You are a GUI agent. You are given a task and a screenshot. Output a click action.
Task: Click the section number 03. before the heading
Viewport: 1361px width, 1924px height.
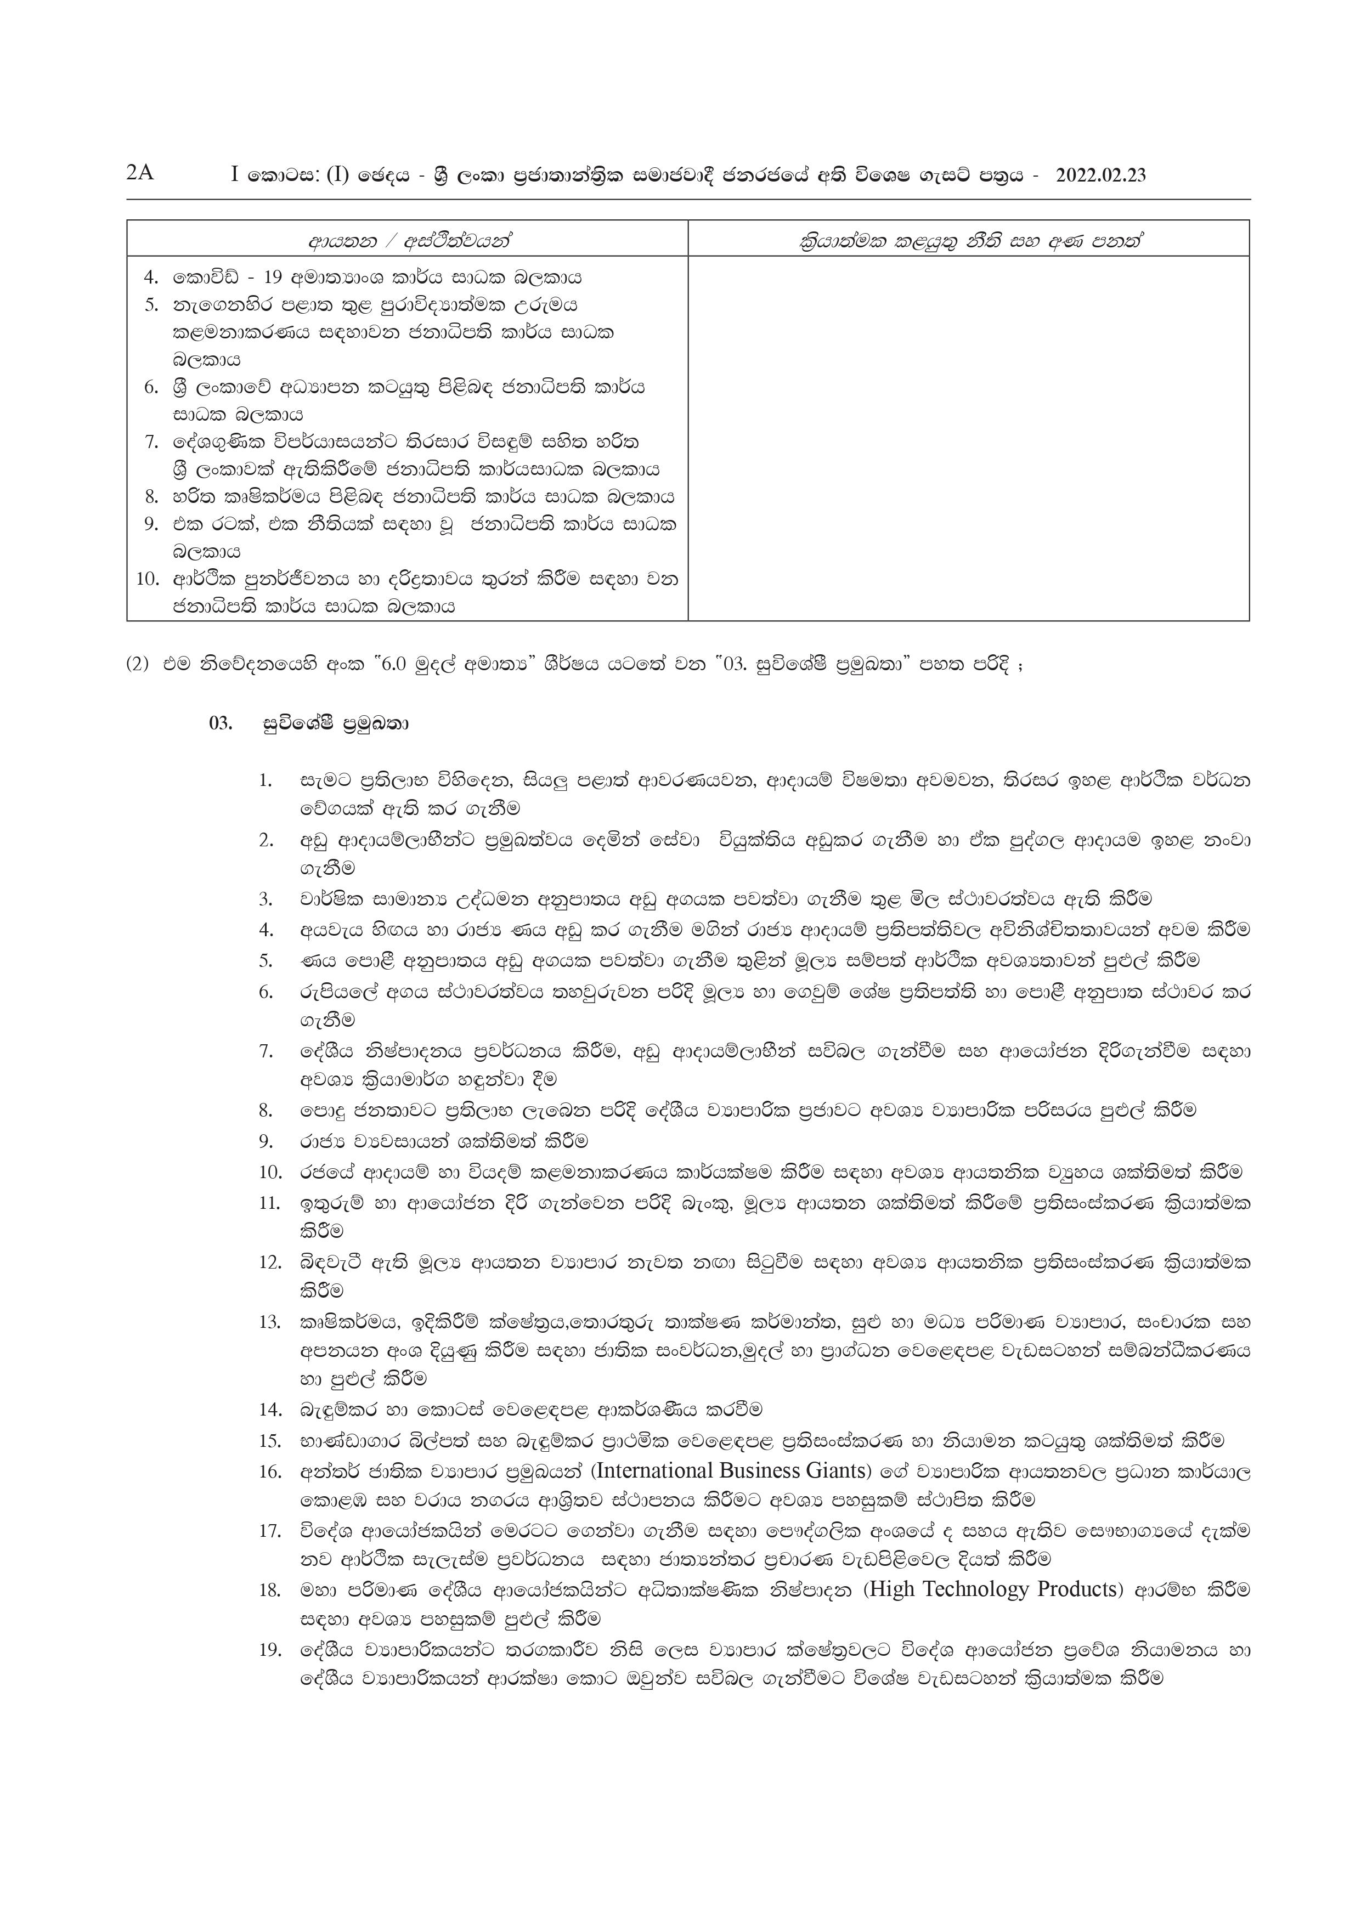[221, 722]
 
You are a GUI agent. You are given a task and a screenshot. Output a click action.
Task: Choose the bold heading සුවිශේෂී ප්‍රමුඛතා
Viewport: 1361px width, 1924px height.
[335, 722]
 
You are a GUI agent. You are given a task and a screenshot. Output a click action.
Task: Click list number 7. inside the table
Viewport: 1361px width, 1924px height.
[152, 442]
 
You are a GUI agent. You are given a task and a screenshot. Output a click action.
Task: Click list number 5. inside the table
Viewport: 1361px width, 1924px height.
[152, 305]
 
